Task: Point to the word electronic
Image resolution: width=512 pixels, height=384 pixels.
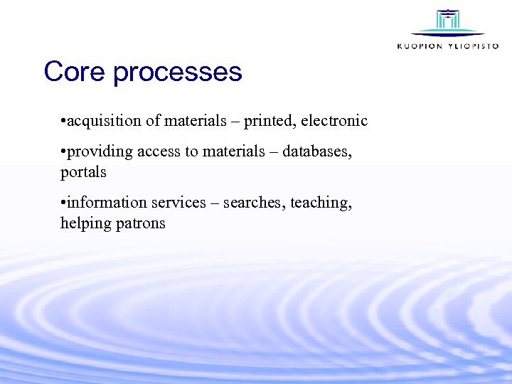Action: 334,121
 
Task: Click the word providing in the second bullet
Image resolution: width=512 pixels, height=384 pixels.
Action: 100,152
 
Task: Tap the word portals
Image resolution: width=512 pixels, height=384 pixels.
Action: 83,172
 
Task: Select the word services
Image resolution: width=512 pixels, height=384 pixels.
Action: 179,203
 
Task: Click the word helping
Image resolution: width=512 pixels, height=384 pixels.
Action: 85,223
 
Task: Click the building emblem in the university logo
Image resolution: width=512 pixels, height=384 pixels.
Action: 447,21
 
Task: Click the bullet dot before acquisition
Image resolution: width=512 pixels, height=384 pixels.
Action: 63,122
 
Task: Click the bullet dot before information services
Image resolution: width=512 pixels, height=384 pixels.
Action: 63,203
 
